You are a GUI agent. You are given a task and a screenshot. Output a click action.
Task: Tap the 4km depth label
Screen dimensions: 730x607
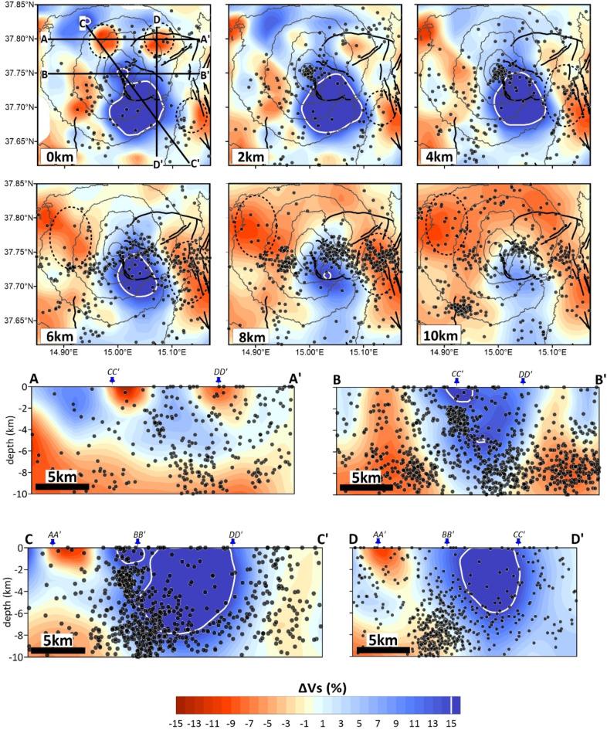pyautogui.click(x=438, y=158)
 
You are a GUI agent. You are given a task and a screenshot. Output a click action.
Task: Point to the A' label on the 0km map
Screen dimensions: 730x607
pyautogui.click(x=205, y=39)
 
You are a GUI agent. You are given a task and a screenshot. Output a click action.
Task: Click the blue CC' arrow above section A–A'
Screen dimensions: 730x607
pyautogui.click(x=112, y=381)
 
